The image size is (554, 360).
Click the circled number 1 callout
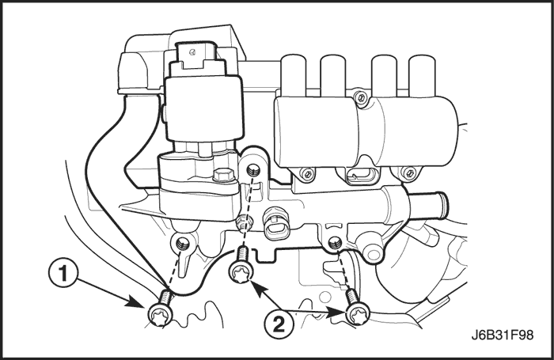(x=63, y=274)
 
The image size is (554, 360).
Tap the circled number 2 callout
(x=279, y=324)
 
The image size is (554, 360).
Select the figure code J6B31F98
(x=503, y=335)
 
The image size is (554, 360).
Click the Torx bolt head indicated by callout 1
(x=160, y=315)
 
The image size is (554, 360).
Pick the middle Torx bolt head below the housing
(x=241, y=273)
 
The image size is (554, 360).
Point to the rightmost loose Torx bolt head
(x=357, y=315)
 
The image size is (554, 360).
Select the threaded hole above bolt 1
(x=183, y=244)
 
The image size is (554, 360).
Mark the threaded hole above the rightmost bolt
(x=334, y=242)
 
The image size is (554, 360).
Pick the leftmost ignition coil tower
(x=294, y=75)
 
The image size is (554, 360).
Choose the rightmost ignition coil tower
(x=422, y=75)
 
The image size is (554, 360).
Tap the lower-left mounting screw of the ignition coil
(x=307, y=173)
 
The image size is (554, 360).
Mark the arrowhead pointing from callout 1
(x=138, y=302)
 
